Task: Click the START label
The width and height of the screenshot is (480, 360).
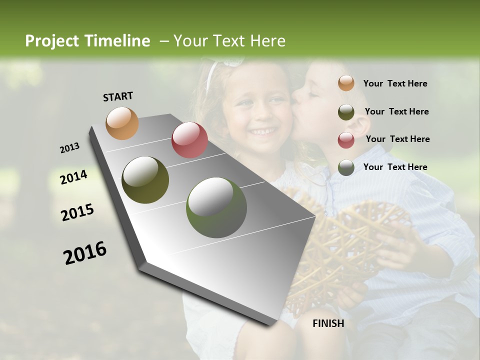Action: coord(118,96)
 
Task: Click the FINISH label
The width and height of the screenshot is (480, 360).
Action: coord(328,323)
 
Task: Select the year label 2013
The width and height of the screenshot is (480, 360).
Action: coord(69,148)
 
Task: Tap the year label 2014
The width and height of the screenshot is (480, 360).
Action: coord(73,177)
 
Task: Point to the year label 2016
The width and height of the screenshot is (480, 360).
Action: coord(85,252)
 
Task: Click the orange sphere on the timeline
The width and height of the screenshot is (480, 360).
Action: coord(122,123)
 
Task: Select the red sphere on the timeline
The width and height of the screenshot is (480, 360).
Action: coord(189,140)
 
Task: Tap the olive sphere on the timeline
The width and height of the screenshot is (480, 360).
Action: coord(145,180)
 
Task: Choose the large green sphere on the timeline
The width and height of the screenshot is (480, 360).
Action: coord(216,207)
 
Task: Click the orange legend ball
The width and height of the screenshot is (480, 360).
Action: coord(346,83)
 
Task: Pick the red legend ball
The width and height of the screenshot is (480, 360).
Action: coord(346,139)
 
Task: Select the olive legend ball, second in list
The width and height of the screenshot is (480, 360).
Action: coord(346,112)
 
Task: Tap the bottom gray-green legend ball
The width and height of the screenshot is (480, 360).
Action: coord(346,167)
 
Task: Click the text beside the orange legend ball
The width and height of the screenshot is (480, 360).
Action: coord(395,83)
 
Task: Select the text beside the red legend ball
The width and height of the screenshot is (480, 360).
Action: coord(397,139)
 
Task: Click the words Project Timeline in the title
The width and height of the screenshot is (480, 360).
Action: coord(87,41)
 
